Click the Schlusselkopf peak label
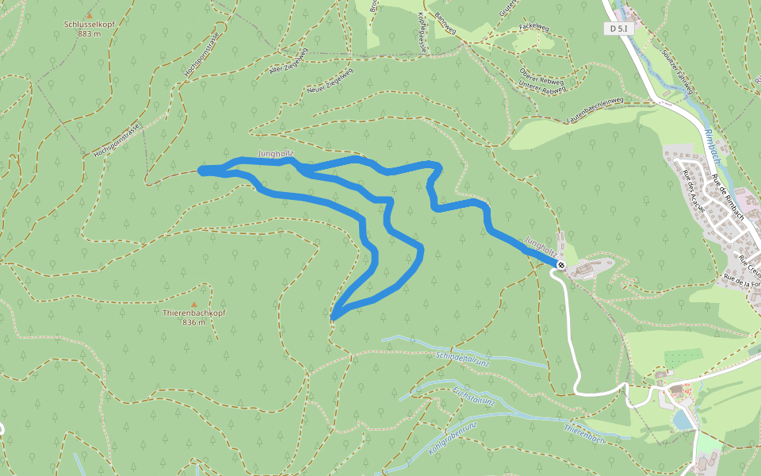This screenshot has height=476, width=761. (x=90, y=24)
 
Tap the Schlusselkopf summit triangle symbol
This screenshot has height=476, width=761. (x=90, y=14)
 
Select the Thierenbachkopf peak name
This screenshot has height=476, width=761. (x=193, y=313)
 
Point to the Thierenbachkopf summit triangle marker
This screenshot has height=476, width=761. (x=193, y=304)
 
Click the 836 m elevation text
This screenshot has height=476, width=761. (x=193, y=322)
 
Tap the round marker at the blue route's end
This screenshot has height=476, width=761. (x=560, y=265)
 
